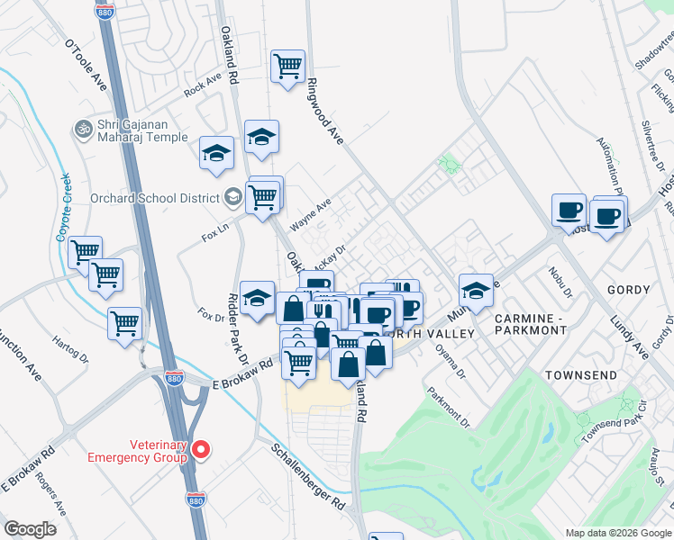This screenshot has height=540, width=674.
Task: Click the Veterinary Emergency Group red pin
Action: pyautogui.click(x=202, y=448)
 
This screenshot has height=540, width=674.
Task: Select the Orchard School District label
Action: pyautogui.click(x=155, y=199)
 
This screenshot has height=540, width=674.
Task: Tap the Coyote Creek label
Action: pyautogui.click(x=64, y=206)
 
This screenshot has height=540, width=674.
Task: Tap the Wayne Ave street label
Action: pyautogui.click(x=310, y=214)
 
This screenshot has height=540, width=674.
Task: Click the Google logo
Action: pyautogui.click(x=31, y=528)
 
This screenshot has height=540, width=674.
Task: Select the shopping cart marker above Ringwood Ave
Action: pyautogui.click(x=287, y=67)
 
